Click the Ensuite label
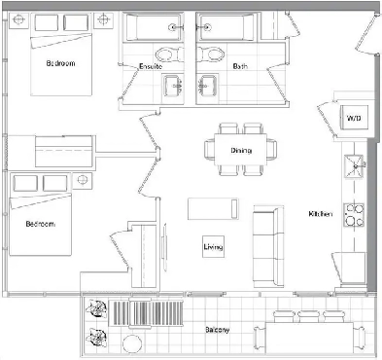click(x=150, y=66)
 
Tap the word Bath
click(x=239, y=66)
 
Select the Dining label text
click(x=241, y=150)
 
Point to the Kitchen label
click(x=322, y=213)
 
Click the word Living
click(x=213, y=248)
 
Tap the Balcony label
click(x=218, y=330)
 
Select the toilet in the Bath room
click(x=207, y=54)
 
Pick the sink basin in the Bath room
click(x=205, y=84)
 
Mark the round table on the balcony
click(x=132, y=343)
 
